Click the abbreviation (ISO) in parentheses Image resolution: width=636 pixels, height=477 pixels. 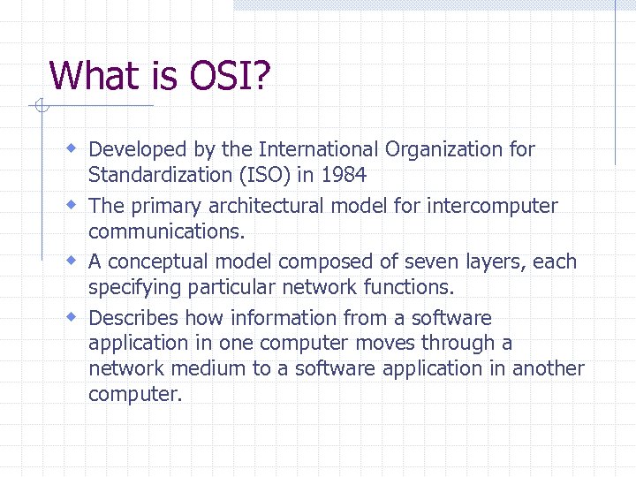[262, 175]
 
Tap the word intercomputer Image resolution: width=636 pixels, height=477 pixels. [492, 206]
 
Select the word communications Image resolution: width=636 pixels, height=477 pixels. [167, 231]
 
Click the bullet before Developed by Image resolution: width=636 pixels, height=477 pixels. [74, 147]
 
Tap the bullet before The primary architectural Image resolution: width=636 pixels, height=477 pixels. [74, 203]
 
